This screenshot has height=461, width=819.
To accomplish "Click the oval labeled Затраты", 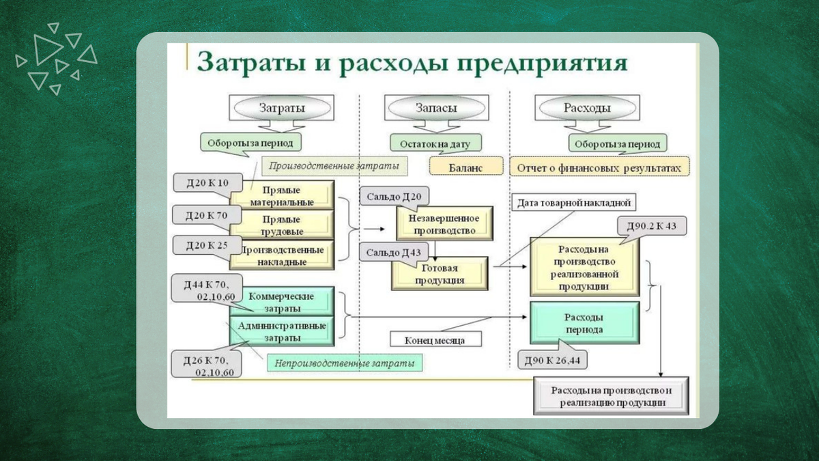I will tap(281, 108).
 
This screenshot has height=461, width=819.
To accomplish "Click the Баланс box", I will tap(465, 167).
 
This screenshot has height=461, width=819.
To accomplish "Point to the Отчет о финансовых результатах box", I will tap(599, 167).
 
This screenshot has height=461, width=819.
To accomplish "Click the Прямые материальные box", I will tap(281, 195).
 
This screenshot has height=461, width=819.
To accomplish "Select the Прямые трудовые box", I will tap(281, 225).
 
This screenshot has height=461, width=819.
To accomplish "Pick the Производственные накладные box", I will tap(281, 254).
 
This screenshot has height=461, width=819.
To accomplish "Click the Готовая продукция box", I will tap(439, 274).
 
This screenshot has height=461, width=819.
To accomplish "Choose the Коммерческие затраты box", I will tap(281, 301).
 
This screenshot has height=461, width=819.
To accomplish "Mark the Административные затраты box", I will tap(281, 331).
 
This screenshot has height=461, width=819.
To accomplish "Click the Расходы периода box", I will tap(584, 323).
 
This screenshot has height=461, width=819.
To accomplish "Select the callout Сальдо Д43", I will tap(392, 252).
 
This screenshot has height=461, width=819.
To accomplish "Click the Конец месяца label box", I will tap(434, 339).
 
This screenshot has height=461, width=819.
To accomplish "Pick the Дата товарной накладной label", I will tap(573, 202).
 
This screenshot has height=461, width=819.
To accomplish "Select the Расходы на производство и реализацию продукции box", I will tap(612, 396).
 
